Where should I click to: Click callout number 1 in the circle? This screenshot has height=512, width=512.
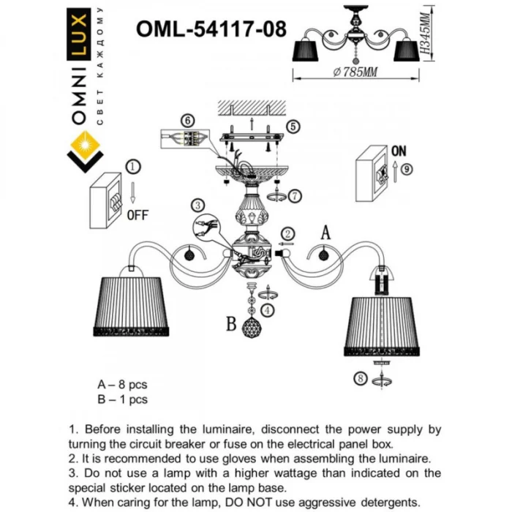click(133, 167)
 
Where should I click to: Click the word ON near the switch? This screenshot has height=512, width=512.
click(399, 151)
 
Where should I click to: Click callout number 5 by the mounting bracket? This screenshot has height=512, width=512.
click(293, 127)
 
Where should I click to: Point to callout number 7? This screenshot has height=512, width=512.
click(294, 195)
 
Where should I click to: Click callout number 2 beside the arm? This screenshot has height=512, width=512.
click(289, 233)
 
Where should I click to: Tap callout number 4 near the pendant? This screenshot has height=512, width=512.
click(268, 311)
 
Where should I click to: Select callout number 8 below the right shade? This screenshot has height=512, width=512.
click(358, 379)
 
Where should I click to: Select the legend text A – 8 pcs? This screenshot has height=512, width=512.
click(122, 384)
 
